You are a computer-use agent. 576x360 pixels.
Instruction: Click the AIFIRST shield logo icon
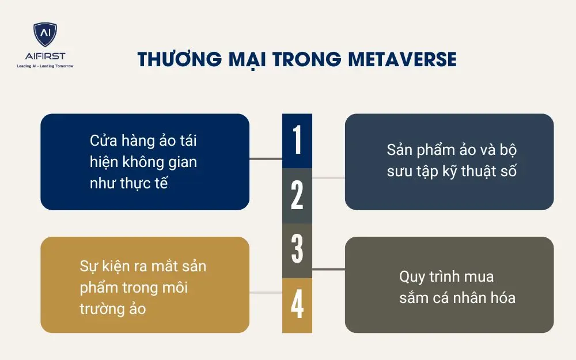tap(44, 36)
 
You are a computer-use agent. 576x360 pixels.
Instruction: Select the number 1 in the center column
tap(297, 141)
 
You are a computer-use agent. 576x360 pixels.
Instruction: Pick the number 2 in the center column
tap(297, 196)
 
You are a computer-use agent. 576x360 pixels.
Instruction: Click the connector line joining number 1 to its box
tap(266, 158)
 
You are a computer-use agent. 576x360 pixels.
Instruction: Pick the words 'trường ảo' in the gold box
tap(112, 309)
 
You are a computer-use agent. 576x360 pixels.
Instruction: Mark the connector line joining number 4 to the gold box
tap(266, 293)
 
